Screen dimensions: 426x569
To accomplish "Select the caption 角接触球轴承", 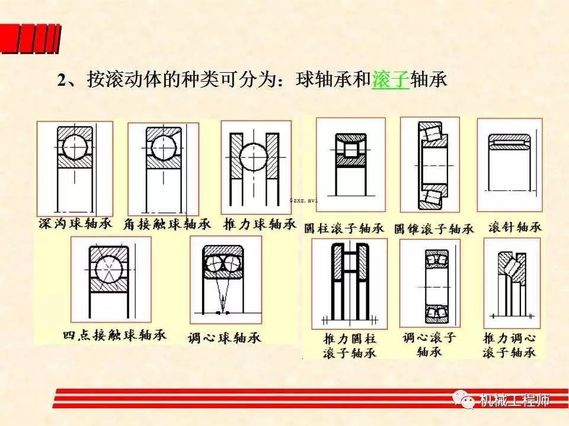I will pos(161,224).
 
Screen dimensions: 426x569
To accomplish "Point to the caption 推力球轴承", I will pos(259,224).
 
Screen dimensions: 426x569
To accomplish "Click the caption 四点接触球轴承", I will pos(114,335).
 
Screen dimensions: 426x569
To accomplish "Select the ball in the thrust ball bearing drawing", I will pos(255,157).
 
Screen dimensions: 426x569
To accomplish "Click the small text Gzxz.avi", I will pos(303,200).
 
